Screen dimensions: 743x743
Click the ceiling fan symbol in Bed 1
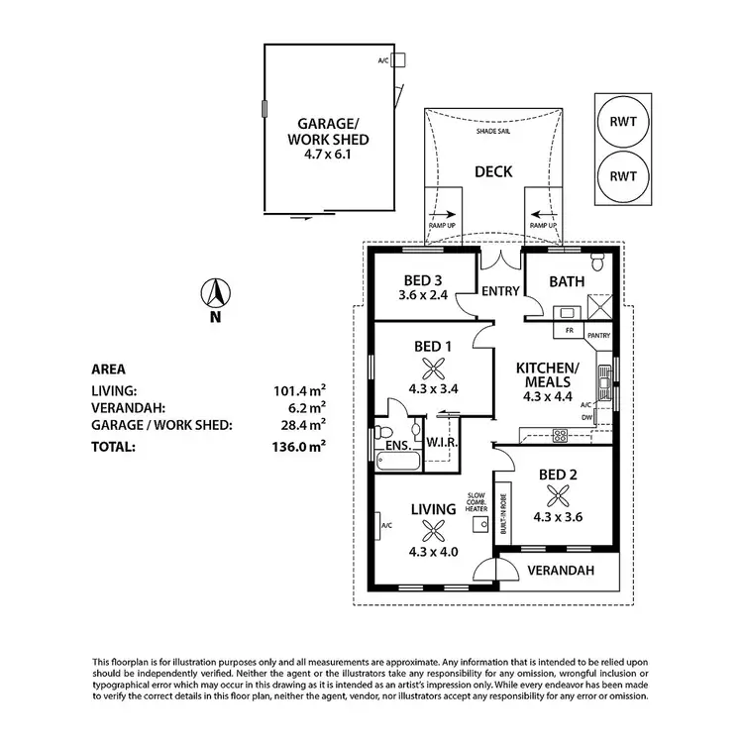(x=433, y=369)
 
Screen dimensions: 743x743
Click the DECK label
(x=492, y=171)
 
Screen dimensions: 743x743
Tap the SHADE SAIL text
(x=492, y=131)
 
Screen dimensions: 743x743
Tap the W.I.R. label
(x=439, y=440)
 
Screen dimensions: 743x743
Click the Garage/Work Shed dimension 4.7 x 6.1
(x=314, y=154)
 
